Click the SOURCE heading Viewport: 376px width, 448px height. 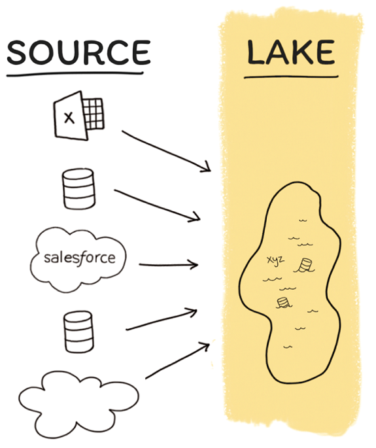[78, 52]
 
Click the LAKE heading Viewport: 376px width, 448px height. [291, 52]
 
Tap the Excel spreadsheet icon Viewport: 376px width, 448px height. [79, 115]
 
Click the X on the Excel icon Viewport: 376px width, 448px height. [69, 118]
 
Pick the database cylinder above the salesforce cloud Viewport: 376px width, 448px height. [78, 188]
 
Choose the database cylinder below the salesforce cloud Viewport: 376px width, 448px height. [78, 332]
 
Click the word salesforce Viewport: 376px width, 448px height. [80, 258]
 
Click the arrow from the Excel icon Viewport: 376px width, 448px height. [166, 152]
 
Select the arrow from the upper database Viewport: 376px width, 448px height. [157, 205]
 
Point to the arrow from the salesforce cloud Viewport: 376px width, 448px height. [169, 265]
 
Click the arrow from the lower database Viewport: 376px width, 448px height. [162, 319]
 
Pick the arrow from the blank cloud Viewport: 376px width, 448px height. [178, 360]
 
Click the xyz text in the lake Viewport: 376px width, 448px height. [275, 260]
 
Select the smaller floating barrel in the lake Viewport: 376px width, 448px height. [283, 303]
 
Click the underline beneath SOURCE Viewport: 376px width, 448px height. [75, 74]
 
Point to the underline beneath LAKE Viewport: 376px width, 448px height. [291, 77]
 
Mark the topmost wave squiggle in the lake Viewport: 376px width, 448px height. [303, 220]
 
